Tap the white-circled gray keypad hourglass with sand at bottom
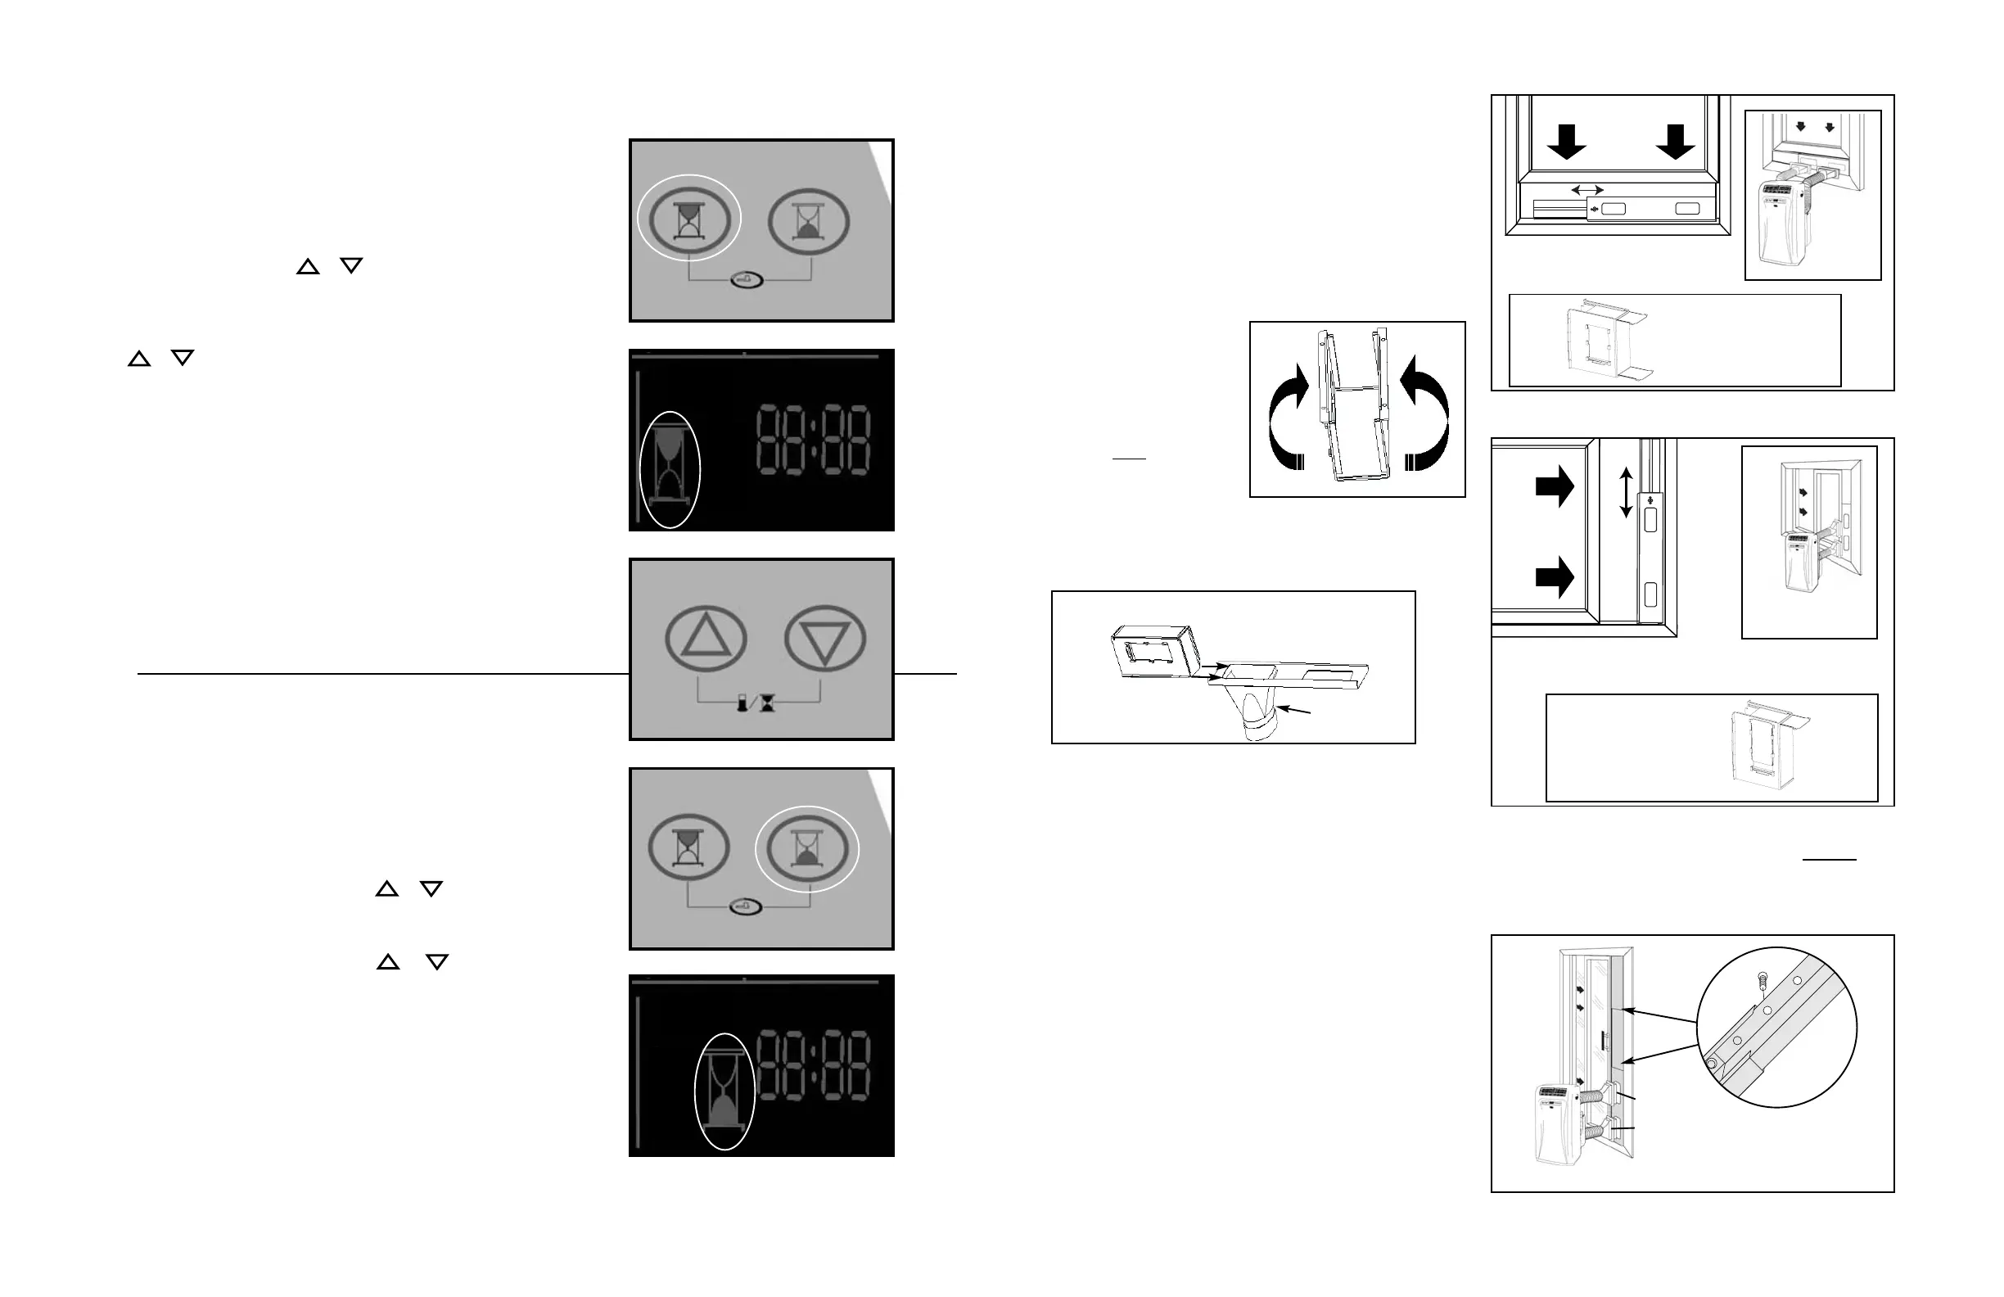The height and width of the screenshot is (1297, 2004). click(x=806, y=849)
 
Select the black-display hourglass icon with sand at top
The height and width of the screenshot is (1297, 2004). click(x=670, y=469)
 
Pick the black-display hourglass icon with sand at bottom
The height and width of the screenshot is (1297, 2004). click(x=724, y=1091)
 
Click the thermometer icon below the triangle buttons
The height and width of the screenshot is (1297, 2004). click(x=742, y=703)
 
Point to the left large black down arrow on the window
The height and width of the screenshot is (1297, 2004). click(x=1566, y=142)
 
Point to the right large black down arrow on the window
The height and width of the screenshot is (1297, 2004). click(x=1675, y=142)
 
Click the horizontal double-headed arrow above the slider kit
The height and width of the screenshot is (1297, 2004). click(x=1587, y=190)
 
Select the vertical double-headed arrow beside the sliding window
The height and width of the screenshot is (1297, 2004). click(x=1626, y=493)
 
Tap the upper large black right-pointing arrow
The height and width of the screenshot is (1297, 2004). click(x=1555, y=486)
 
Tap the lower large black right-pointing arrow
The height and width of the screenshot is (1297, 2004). click(x=1555, y=577)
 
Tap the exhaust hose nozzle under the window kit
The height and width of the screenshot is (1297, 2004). click(x=1259, y=714)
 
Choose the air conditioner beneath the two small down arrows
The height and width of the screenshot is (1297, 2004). click(x=1784, y=224)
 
